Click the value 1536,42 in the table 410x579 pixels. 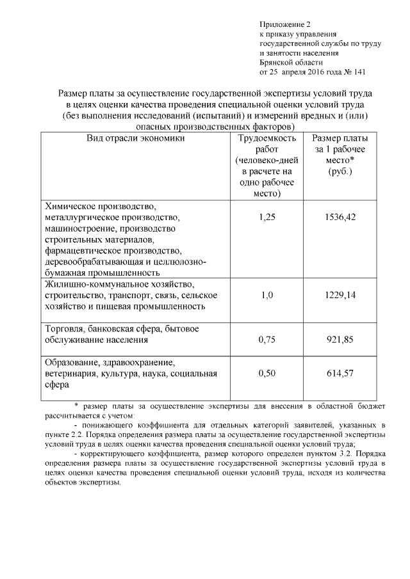(x=341, y=218)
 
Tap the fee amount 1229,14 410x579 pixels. (x=341, y=295)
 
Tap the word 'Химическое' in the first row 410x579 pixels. (x=70, y=207)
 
